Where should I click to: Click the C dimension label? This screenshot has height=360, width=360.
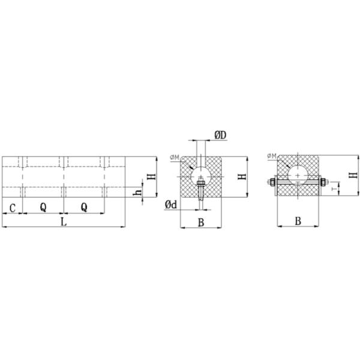coord(13,208)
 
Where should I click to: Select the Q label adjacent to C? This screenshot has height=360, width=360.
coord(43,208)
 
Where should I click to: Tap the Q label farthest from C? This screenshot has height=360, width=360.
coord(84,208)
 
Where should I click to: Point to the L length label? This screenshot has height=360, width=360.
coord(64,222)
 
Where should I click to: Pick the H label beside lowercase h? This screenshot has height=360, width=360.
coord(152,176)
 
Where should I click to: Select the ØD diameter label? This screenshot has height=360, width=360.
coord(220,135)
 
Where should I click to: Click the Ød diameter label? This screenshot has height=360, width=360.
coord(171,205)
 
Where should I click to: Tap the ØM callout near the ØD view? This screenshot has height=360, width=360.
coord(175,157)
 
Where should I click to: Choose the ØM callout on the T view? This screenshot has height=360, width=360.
coord(272,156)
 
